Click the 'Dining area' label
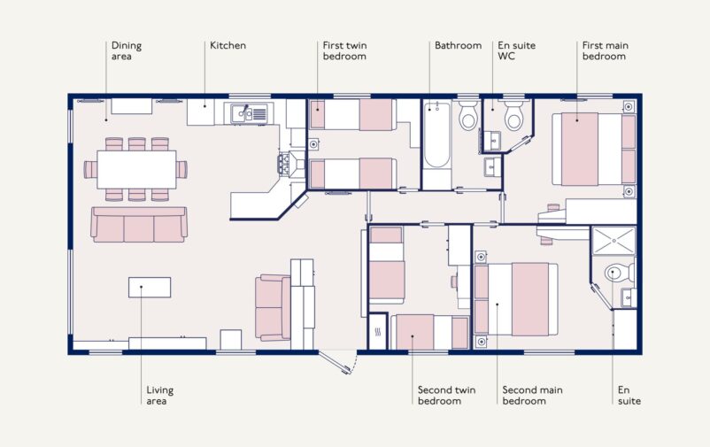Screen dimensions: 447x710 tap(126, 50)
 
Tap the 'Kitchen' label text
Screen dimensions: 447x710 tap(228, 45)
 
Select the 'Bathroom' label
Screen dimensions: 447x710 tap(458, 45)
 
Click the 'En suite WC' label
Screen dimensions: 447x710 tap(516, 50)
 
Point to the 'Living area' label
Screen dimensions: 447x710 tap(160, 395)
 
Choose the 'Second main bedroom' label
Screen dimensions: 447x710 tap(532, 395)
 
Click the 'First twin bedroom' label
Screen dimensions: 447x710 tap(344, 50)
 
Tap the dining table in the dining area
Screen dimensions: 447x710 tap(135, 168)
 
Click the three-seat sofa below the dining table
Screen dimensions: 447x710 tap(139, 225)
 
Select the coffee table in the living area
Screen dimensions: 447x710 tap(150, 287)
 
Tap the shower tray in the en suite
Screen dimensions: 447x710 tap(613, 241)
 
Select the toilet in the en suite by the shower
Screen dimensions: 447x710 tap(616, 274)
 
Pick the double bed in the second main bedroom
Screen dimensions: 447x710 tap(516, 299)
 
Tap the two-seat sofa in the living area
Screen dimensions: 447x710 tap(272, 306)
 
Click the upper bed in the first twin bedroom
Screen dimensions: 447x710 tap(351, 115)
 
